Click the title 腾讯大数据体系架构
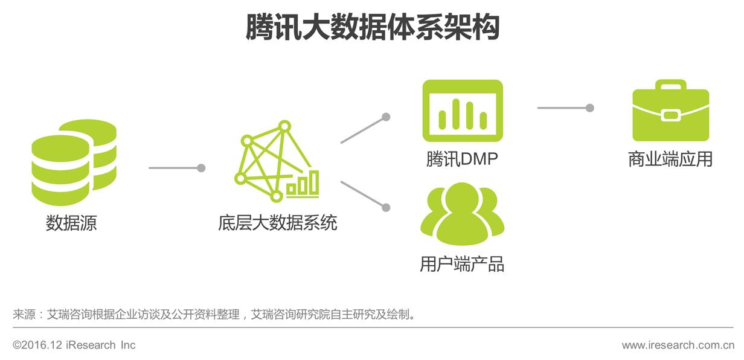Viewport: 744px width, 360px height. tap(372, 27)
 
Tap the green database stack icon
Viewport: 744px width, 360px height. tap(74, 162)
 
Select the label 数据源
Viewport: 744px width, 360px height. tap(71, 223)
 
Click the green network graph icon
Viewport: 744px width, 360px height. tap(275, 162)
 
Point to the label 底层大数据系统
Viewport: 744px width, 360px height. tap(278, 223)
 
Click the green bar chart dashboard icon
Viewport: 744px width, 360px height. tap(463, 111)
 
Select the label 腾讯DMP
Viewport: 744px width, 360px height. tap(462, 159)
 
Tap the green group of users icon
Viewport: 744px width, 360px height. tap(462, 214)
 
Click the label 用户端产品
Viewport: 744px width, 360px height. tap(462, 264)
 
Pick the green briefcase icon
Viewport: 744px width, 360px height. tap(670, 112)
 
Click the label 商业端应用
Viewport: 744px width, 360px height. tap(670, 159)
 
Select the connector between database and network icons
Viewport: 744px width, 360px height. tap(176, 168)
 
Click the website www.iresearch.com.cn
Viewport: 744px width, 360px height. tap(678, 346)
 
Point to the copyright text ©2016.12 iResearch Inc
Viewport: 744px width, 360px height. tap(74, 346)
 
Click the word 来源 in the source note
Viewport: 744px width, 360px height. tap(24, 315)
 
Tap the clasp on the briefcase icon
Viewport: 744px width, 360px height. tap(670, 115)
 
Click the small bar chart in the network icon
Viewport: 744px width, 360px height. tap(303, 184)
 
